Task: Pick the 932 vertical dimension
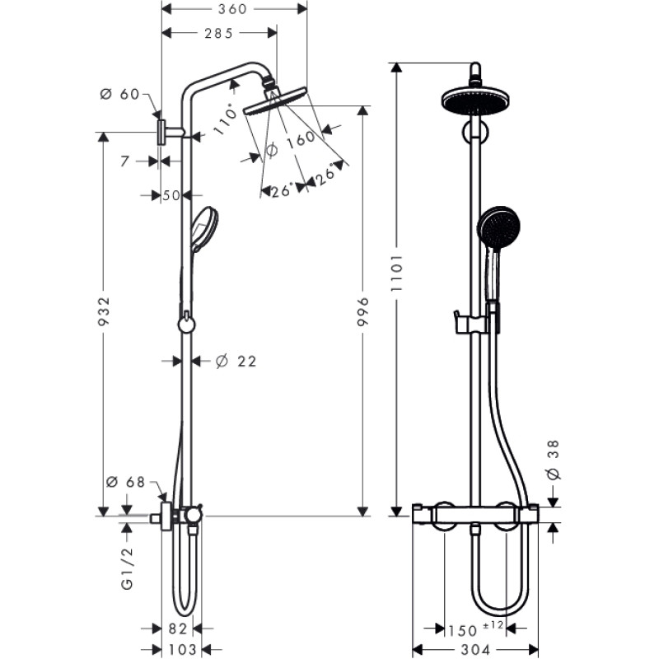tap(104, 313)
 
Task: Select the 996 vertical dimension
tap(363, 311)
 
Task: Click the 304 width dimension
tap(474, 650)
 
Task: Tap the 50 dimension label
tap(171, 195)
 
